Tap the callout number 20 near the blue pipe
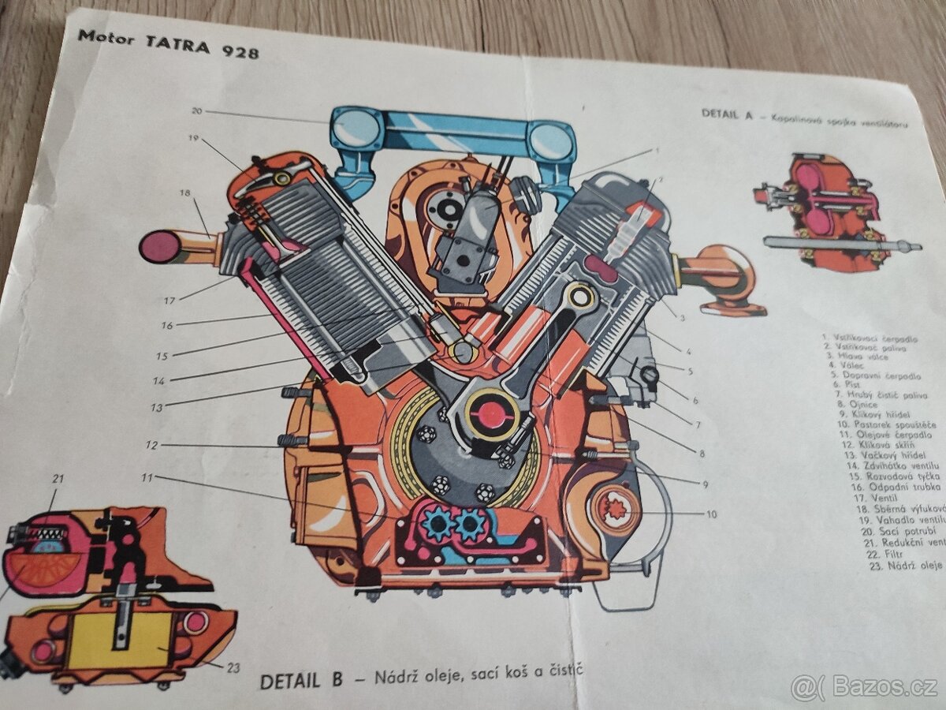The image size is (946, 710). coord(197,111)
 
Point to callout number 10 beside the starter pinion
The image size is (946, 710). coord(711,514)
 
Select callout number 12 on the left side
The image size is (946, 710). coord(151,445)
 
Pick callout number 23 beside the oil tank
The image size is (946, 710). coord(233,667)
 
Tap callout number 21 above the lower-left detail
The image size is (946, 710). coord(58,479)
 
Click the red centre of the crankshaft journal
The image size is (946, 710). coord(493,413)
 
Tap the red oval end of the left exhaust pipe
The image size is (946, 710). coord(160,247)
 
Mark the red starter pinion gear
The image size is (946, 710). coord(615,510)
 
